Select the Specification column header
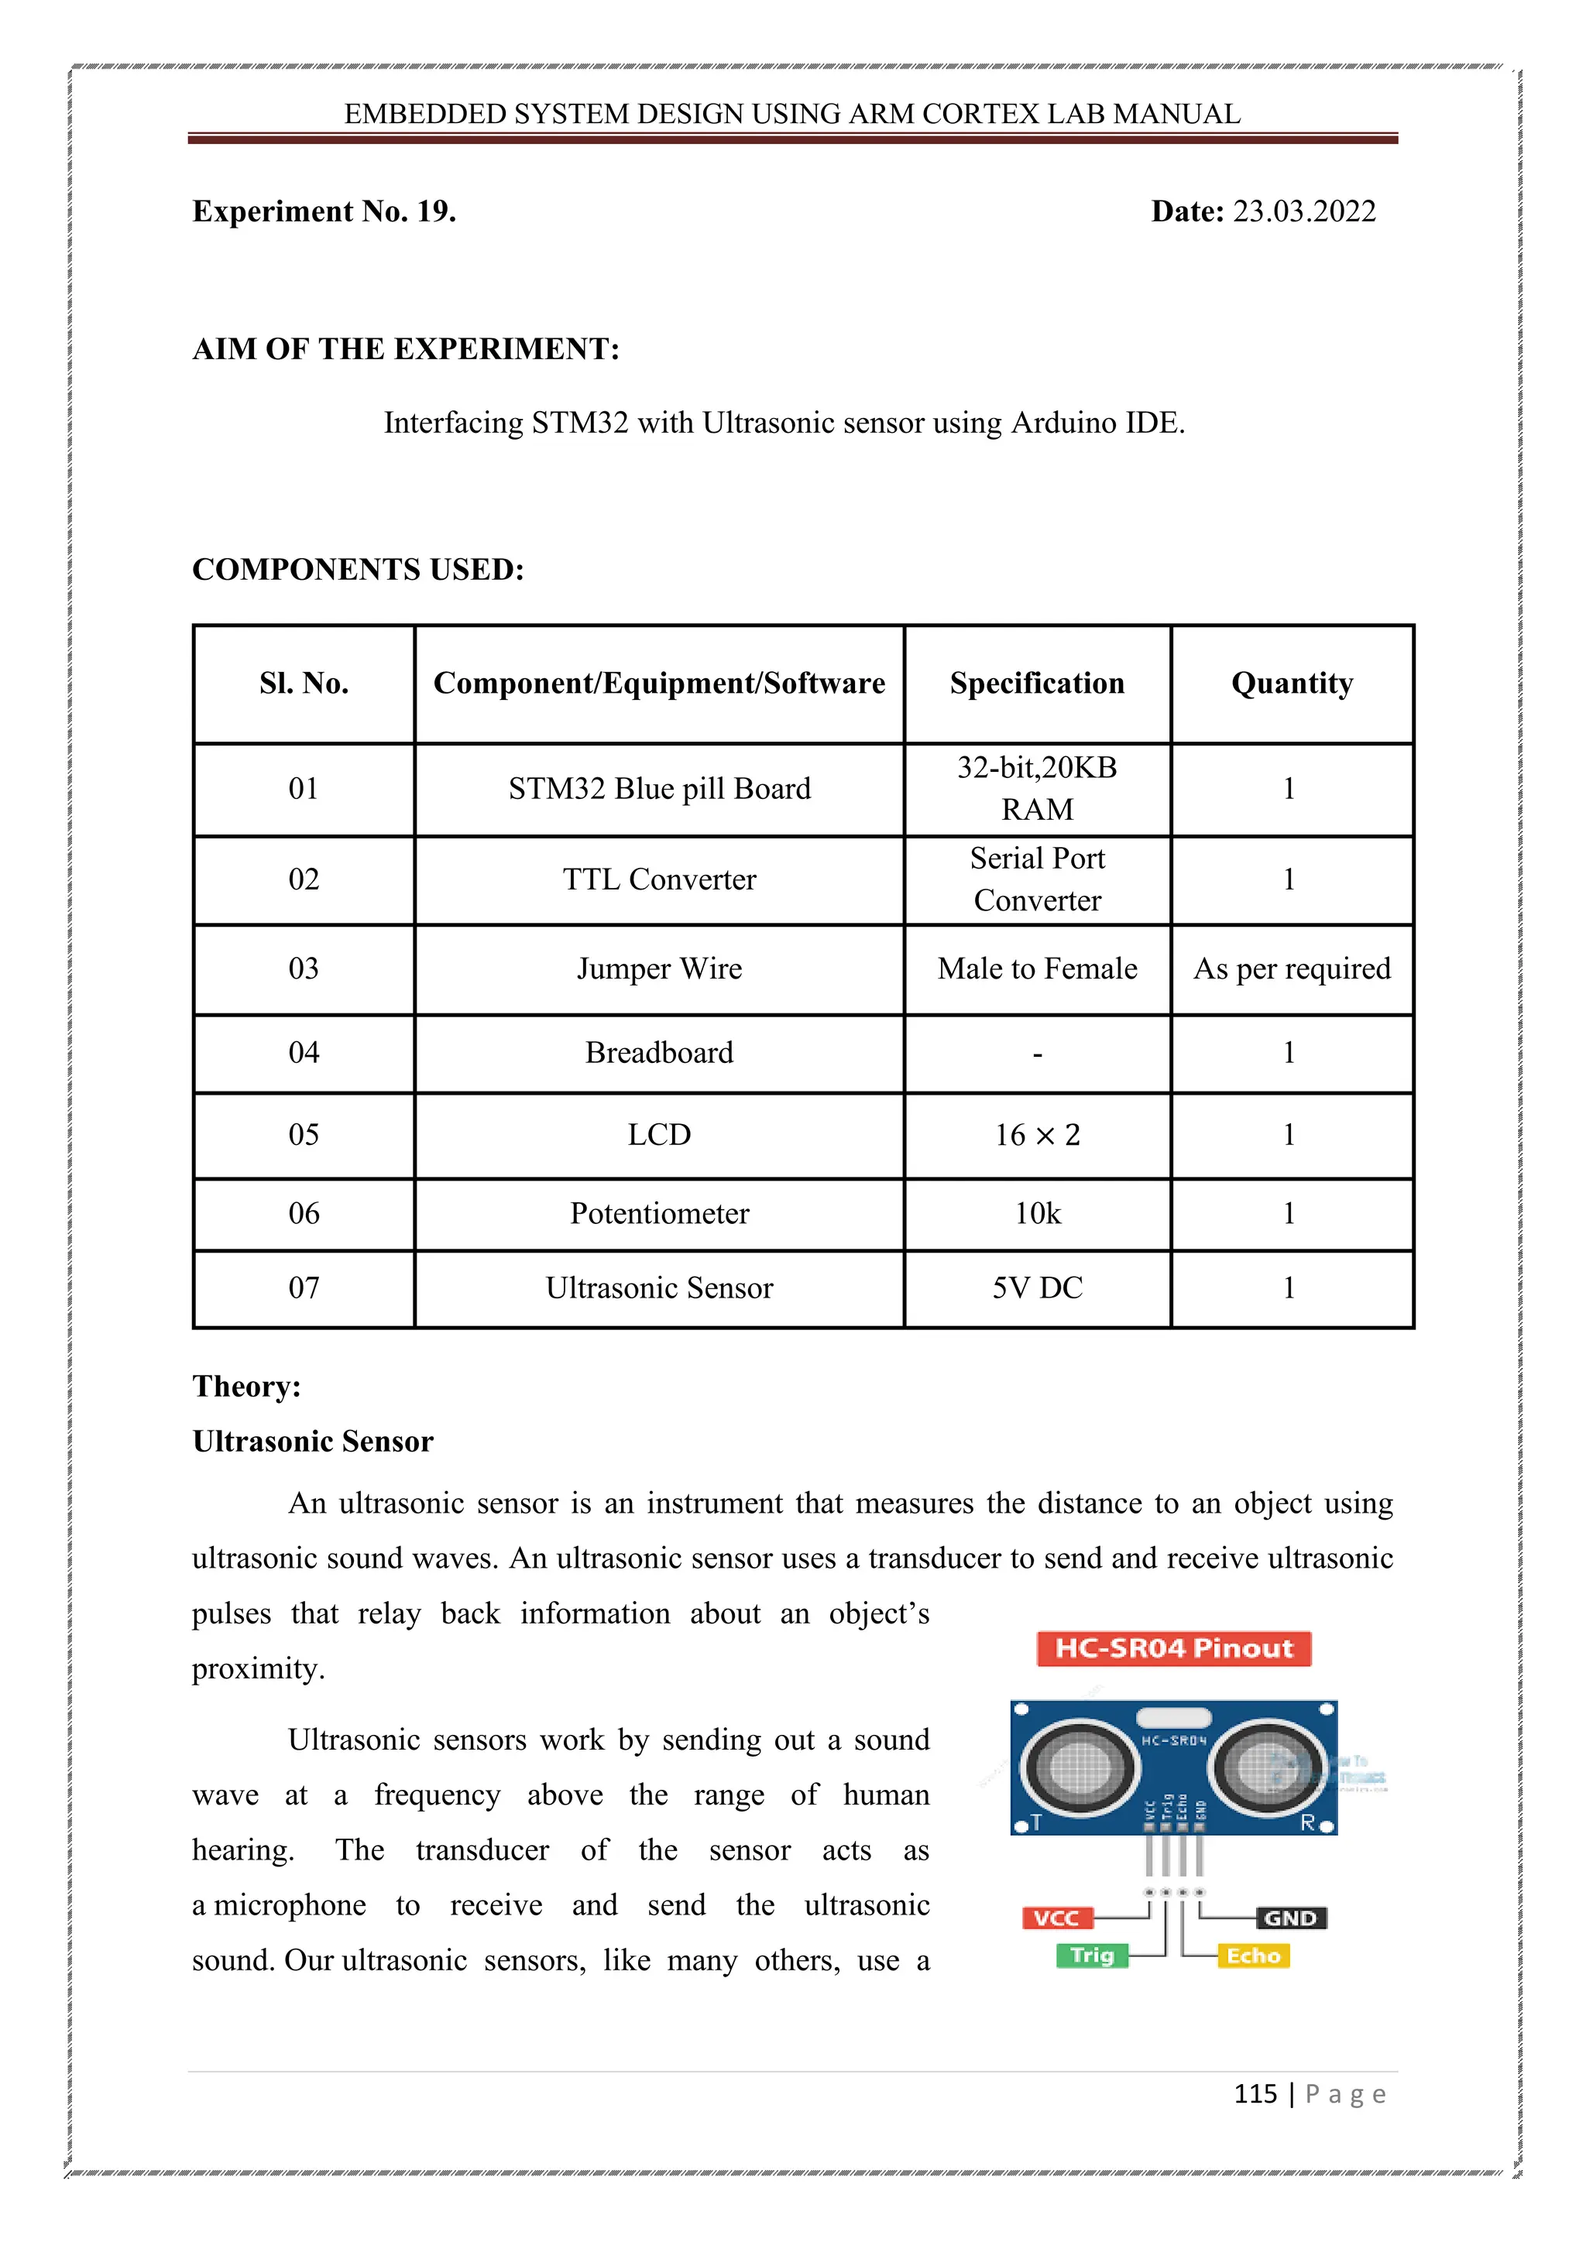[1037, 684]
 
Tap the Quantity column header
[1291, 684]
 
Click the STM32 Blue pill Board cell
[659, 789]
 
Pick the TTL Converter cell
[659, 879]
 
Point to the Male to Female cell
[1037, 968]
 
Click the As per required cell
[1291, 968]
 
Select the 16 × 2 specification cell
[1037, 1135]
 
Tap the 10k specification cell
[1037, 1214]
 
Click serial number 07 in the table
[304, 1288]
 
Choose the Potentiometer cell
[659, 1214]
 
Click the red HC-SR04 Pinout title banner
[1173, 1648]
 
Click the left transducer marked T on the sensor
[1079, 1767]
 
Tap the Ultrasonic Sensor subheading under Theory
[313, 1442]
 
